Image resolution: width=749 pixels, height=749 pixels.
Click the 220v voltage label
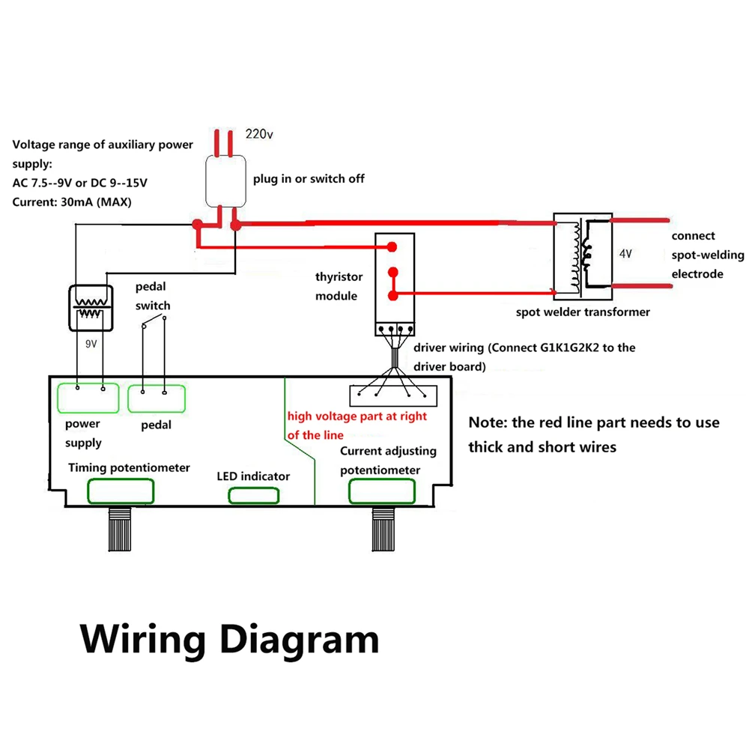tap(260, 135)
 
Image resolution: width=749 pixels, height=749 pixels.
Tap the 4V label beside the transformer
tap(626, 254)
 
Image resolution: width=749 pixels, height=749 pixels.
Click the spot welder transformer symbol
tap(583, 255)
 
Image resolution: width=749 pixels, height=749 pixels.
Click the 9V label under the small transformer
tap(91, 344)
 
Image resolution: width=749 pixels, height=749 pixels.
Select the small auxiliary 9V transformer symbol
tap(91, 307)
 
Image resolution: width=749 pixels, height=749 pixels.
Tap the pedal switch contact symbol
tap(153, 322)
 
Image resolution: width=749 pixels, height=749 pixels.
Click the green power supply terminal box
tap(88, 398)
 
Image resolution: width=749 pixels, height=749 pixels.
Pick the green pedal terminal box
tap(156, 398)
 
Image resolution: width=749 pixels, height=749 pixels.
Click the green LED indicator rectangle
tap(254, 495)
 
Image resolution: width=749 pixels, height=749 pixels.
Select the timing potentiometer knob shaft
tap(121, 527)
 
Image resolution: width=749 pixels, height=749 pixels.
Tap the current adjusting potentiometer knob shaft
tap(383, 528)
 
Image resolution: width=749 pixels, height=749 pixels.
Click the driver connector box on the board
tap(393, 394)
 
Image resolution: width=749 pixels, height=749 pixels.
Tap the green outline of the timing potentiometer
tap(121, 491)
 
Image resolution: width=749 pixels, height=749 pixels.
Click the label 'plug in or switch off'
tap(309, 179)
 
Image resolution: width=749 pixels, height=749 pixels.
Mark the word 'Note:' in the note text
tap(489, 422)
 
